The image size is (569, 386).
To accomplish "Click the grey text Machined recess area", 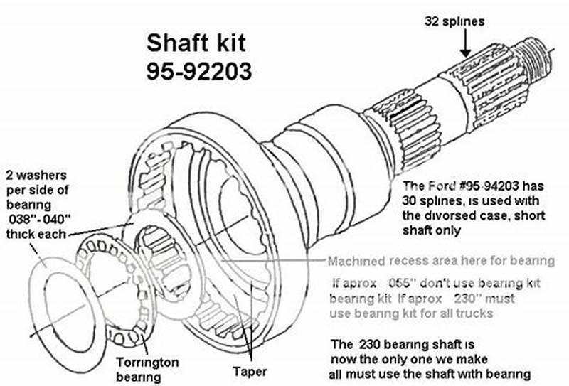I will (x=398, y=261).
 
